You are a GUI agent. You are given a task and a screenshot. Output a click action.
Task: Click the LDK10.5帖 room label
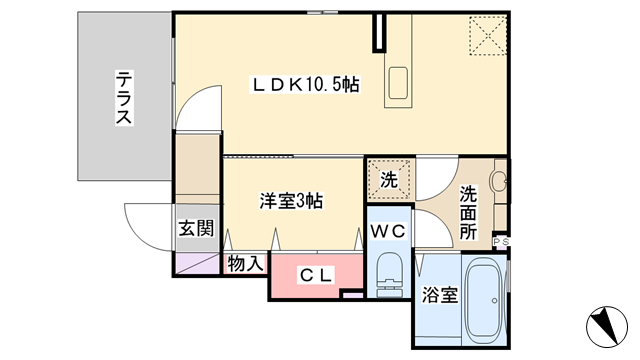pos(306,85)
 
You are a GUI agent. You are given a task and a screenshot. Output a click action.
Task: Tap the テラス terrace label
pos(124,98)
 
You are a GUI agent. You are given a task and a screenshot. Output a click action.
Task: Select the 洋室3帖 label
pos(291,201)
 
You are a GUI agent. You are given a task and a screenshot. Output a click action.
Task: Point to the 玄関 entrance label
pos(196,228)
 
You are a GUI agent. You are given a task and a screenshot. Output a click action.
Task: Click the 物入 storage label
pos(245,263)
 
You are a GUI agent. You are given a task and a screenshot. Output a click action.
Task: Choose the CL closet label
pos(316,276)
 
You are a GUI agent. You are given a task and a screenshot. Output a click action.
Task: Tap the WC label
pos(388,231)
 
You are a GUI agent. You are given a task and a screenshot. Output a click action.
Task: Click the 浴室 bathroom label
pos(440,295)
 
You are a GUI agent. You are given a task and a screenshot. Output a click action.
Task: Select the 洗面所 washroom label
pos(468,213)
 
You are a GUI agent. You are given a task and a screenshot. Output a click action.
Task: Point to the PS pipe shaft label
pos(501,242)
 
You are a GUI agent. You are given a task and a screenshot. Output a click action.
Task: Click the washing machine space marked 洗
pos(389,180)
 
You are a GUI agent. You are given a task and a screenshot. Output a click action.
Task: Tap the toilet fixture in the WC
pos(389,275)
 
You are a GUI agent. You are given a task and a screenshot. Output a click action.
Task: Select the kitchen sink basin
pos(398,83)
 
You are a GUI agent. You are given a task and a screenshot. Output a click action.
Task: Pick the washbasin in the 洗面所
pos(498,181)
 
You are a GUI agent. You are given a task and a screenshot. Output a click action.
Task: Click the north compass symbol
pos(607,327)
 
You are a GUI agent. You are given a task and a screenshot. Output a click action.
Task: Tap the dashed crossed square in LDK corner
pos(488,35)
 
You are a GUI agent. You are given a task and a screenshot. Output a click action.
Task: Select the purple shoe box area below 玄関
pos(197,264)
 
